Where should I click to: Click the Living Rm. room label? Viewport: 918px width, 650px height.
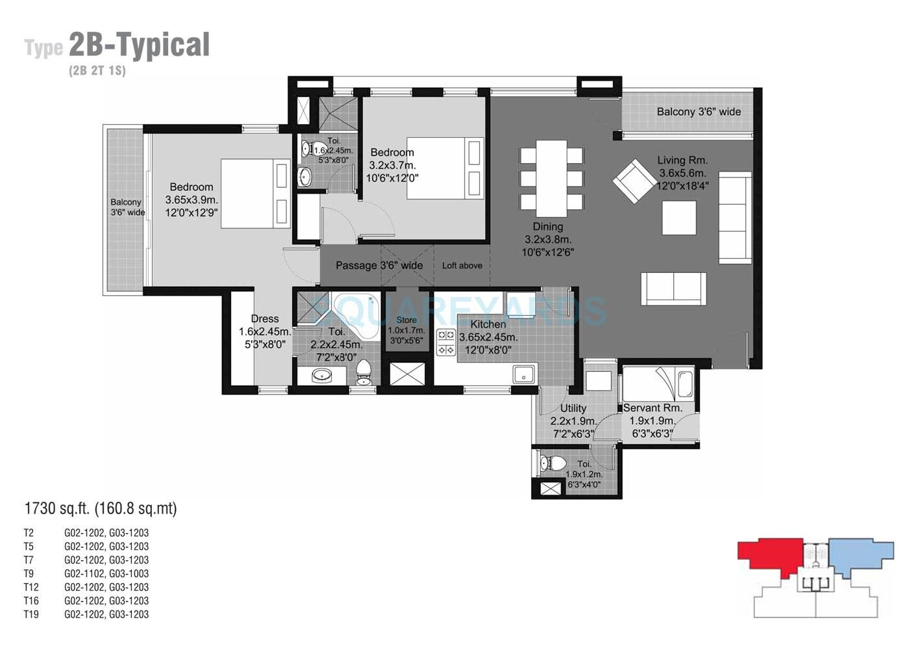point(682,160)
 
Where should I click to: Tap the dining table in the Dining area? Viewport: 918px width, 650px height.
point(551,179)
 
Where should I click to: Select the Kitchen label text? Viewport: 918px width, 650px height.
point(488,324)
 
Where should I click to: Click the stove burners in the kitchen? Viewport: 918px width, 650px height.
point(446,343)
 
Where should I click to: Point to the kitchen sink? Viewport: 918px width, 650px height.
point(523,374)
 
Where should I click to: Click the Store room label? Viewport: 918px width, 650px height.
point(406,320)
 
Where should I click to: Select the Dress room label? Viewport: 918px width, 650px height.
point(264,318)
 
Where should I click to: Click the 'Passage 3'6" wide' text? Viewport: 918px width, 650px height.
point(379,265)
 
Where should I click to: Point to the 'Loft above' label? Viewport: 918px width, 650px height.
point(462,265)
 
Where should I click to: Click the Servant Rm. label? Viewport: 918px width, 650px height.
point(652,408)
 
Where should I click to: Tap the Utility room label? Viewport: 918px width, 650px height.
point(573,408)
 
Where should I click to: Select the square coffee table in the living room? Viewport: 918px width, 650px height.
point(679,218)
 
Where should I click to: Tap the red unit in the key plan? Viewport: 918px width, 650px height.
point(769,555)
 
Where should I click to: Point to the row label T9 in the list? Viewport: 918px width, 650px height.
point(29,573)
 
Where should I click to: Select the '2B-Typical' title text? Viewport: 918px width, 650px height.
point(139,45)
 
